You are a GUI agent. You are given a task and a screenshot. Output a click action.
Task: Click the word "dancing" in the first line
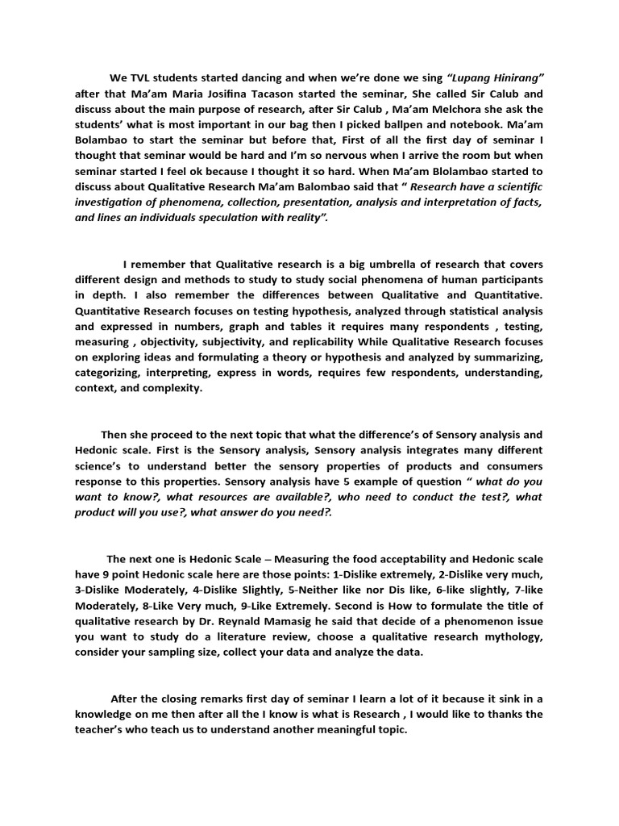(x=260, y=77)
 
